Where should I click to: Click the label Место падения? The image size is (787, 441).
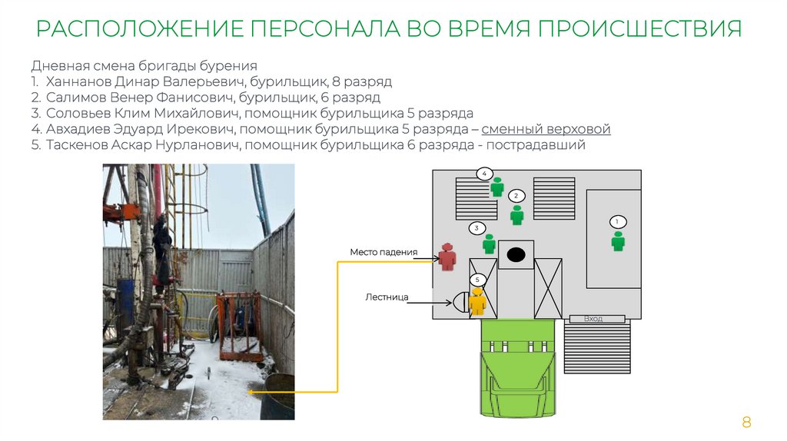[384, 251]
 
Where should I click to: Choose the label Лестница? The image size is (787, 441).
[387, 296]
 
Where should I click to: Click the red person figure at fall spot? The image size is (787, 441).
[448, 257]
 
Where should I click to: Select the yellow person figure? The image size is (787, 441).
[478, 301]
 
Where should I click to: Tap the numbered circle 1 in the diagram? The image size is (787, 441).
[616, 222]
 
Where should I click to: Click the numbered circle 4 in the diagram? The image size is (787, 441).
[484, 174]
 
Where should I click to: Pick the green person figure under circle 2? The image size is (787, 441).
[517, 214]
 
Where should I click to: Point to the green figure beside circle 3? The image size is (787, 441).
[489, 244]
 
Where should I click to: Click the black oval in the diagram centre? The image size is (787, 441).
[516, 254]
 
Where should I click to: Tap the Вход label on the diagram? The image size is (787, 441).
[593, 318]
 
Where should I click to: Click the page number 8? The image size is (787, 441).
[745, 422]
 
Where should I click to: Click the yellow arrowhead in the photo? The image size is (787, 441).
[250, 391]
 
